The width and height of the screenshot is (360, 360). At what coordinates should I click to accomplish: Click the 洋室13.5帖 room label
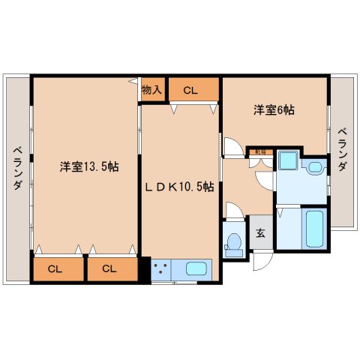88,166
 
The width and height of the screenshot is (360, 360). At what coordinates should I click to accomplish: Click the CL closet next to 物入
191,91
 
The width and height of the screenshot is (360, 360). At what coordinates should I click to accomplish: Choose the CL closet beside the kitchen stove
109,268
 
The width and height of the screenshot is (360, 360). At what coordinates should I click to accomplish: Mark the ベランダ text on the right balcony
342,149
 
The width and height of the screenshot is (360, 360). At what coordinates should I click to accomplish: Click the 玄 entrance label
259,233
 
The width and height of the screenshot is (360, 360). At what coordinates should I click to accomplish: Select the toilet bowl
234,243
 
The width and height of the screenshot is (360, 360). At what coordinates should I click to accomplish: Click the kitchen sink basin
197,268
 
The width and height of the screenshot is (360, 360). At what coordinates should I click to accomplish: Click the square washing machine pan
288,161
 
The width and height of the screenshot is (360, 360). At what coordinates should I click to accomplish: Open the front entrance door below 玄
262,260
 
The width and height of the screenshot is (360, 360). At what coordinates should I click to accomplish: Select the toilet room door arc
235,211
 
